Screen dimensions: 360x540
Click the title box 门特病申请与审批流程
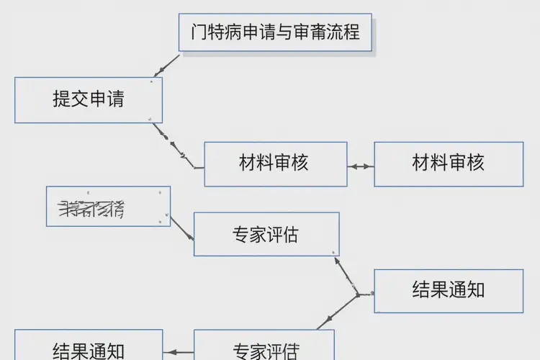click(x=275, y=32)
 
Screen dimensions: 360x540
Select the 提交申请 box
click(x=89, y=99)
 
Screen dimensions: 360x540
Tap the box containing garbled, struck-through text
click(x=108, y=207)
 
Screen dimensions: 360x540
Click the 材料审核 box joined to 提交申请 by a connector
click(x=275, y=163)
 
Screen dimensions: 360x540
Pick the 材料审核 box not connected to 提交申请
click(x=449, y=163)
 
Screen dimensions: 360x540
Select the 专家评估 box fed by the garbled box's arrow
click(x=266, y=234)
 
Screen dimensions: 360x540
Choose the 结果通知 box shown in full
click(x=449, y=291)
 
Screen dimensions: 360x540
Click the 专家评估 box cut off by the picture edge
click(x=264, y=346)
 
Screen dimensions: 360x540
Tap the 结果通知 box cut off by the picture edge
click(x=89, y=346)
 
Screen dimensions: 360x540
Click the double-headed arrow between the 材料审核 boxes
click(x=361, y=166)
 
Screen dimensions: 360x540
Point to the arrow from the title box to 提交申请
click(x=167, y=66)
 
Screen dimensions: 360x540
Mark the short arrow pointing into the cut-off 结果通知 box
click(x=179, y=353)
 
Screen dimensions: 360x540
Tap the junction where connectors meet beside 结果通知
click(x=358, y=295)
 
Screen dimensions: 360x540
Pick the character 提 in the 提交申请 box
click(x=61, y=99)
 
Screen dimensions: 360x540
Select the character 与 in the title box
click(x=277, y=32)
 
